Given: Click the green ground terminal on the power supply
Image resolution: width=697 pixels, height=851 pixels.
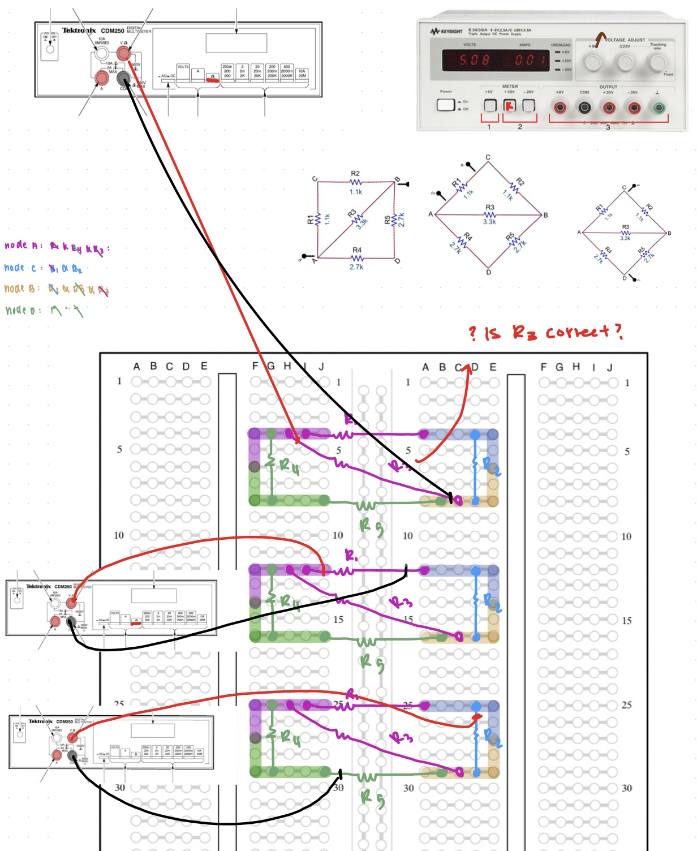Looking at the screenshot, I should pyautogui.click(x=658, y=107).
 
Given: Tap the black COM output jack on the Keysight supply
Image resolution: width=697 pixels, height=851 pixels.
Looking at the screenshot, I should pyautogui.click(x=584, y=107).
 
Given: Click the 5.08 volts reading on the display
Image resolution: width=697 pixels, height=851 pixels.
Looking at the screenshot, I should pyautogui.click(x=474, y=60).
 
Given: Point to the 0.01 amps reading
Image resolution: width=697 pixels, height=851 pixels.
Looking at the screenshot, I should pyautogui.click(x=530, y=60).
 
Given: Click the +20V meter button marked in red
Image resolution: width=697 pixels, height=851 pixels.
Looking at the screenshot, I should pyautogui.click(x=510, y=105).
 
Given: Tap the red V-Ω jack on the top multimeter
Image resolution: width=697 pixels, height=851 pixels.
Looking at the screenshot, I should pyautogui.click(x=123, y=54).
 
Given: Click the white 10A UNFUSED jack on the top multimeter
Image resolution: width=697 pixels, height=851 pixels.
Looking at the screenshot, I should pyautogui.click(x=101, y=53).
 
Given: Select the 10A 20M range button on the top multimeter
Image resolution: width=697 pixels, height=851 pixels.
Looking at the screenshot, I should pyautogui.click(x=302, y=74).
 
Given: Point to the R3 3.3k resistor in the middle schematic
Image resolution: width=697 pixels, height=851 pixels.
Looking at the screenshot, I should pyautogui.click(x=490, y=215).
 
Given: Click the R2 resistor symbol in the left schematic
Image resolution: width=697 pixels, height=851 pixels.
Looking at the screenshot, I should pyautogui.click(x=355, y=182).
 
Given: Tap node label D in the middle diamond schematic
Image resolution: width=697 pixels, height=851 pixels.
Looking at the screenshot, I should pyautogui.click(x=488, y=272).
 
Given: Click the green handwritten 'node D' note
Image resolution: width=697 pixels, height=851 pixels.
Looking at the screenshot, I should pyautogui.click(x=23, y=310).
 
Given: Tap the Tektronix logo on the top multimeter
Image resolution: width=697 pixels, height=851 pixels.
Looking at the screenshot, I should pyautogui.click(x=79, y=31).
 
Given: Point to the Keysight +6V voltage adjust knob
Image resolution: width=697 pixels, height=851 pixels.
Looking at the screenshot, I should pyautogui.click(x=593, y=61).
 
